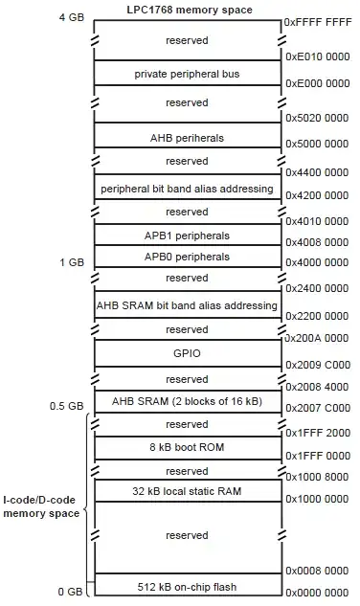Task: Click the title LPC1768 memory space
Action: coord(190,10)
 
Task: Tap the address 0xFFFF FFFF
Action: coord(318,22)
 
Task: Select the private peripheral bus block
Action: coord(188,73)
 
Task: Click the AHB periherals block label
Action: coord(187,138)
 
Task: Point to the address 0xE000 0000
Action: coord(318,83)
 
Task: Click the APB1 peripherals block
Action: coord(188,235)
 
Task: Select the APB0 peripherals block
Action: coord(188,256)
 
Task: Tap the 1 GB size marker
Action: coord(72,262)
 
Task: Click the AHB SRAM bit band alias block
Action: coord(188,304)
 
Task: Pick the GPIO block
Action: coord(188,353)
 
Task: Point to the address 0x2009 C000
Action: coord(318,365)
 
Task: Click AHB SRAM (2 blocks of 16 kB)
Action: coord(187,401)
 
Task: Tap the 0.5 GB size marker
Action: coord(66,406)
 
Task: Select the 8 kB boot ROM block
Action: coord(188,448)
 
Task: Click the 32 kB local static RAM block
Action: coord(188,491)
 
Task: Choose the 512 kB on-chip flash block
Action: coord(188,584)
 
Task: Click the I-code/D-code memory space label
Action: coord(41,506)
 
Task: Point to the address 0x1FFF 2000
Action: coord(318,433)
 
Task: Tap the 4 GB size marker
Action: coord(72,17)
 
